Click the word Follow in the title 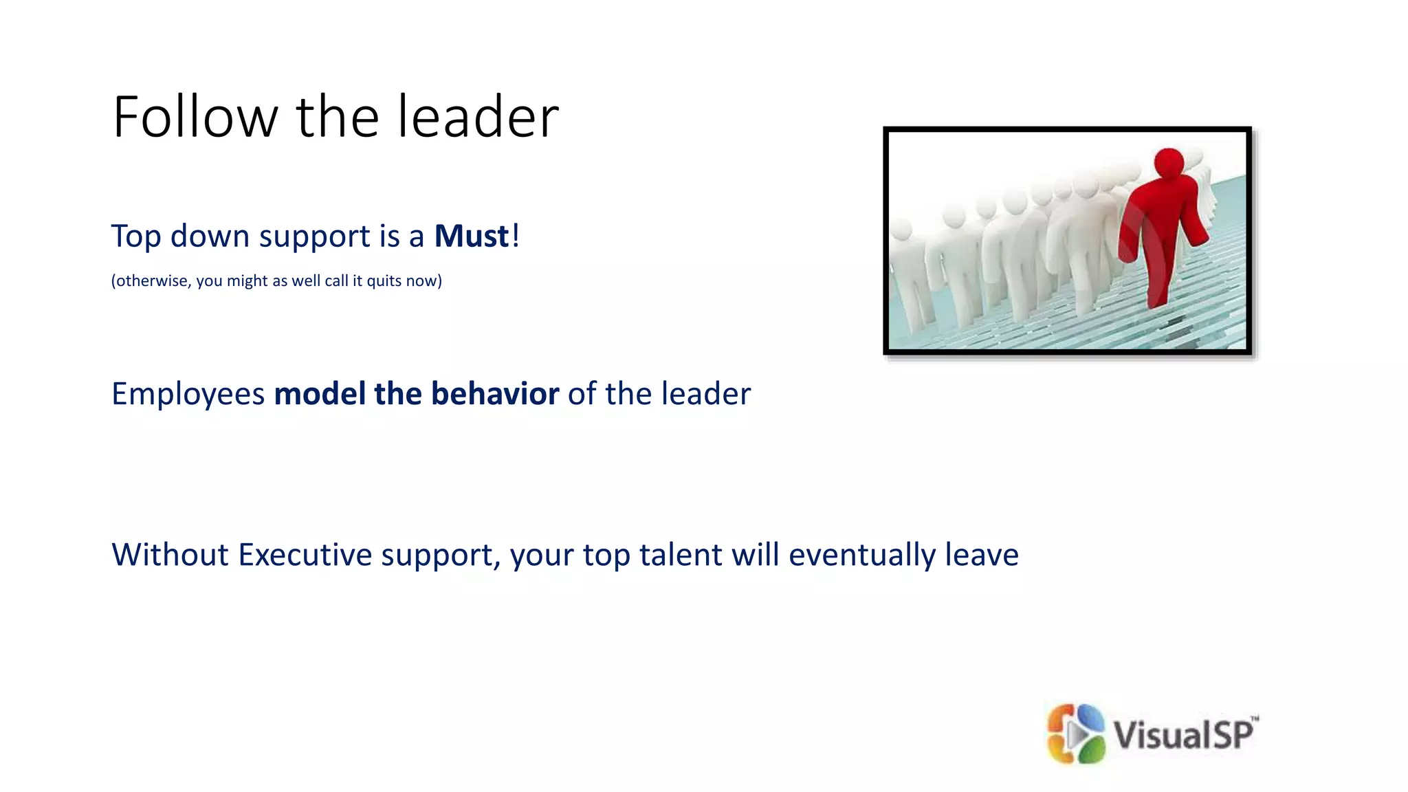pyautogui.click(x=195, y=117)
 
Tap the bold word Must pyautogui.click(x=472, y=236)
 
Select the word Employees pyautogui.click(x=188, y=395)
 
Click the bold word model pyautogui.click(x=320, y=394)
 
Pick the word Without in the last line pyautogui.click(x=169, y=555)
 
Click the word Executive pyautogui.click(x=305, y=555)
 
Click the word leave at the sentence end pyautogui.click(x=981, y=555)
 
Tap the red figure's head pyautogui.click(x=1168, y=163)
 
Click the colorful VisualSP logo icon pyautogui.click(x=1075, y=734)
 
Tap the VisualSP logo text pyautogui.click(x=1184, y=734)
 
